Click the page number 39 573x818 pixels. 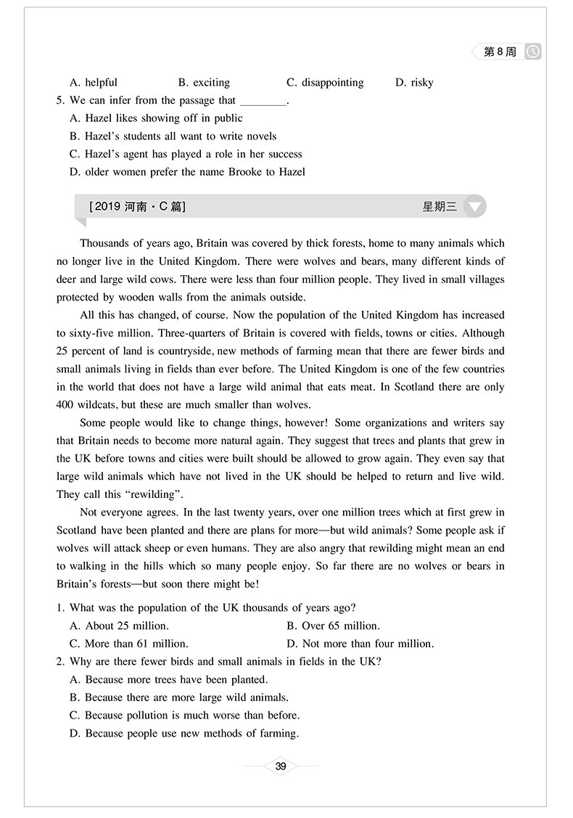click(282, 766)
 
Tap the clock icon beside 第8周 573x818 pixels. click(533, 52)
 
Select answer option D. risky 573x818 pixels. click(414, 83)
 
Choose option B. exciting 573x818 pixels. click(204, 83)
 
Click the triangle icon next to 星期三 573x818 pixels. click(474, 207)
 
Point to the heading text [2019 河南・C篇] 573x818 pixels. click(137, 207)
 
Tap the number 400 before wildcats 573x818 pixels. click(66, 404)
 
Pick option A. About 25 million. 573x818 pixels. click(119, 626)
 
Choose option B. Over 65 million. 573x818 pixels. click(333, 626)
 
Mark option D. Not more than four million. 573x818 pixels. click(360, 643)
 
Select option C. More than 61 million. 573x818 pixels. click(128, 643)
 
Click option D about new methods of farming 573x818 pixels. click(184, 733)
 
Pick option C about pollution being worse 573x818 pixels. click(184, 715)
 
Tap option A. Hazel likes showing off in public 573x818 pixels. click(156, 118)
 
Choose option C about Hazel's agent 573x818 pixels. click(186, 154)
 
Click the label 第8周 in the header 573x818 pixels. click(499, 52)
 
